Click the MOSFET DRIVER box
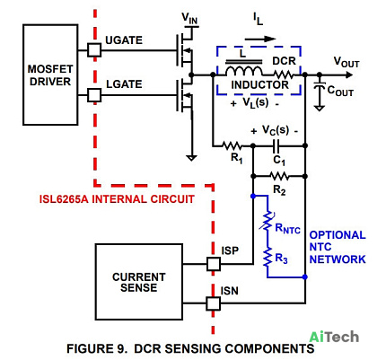click(50, 75)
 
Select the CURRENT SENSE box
click(139, 282)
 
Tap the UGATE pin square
click(94, 50)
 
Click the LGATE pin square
click(94, 95)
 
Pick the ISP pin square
click(214, 264)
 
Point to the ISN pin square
click(214, 303)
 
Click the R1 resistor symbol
click(232, 146)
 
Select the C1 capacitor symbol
click(276, 145)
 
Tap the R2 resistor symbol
click(279, 176)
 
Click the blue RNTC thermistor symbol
click(267, 222)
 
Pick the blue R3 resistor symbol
click(268, 257)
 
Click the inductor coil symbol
click(243, 71)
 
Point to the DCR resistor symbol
click(283, 75)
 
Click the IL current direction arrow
click(260, 39)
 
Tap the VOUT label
click(347, 62)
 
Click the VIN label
click(189, 19)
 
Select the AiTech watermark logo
click(334, 337)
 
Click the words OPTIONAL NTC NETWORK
click(338, 247)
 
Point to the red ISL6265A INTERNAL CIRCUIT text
click(117, 199)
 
